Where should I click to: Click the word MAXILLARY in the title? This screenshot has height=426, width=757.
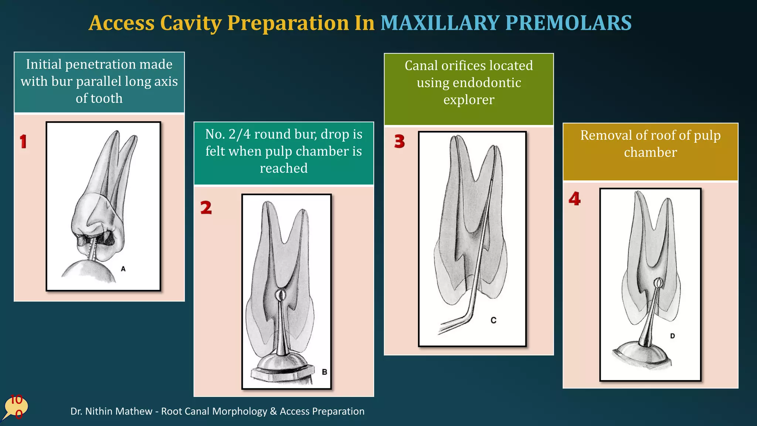pyautogui.click(x=440, y=23)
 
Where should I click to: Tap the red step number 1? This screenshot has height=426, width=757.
pyautogui.click(x=23, y=142)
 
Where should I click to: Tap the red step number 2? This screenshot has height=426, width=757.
pyautogui.click(x=206, y=207)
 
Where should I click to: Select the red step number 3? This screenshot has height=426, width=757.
pyautogui.click(x=400, y=141)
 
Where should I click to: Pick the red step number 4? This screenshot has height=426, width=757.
pyautogui.click(x=574, y=199)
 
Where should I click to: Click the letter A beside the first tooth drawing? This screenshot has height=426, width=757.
pyautogui.click(x=123, y=269)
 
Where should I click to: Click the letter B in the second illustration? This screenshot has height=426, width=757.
pyautogui.click(x=324, y=372)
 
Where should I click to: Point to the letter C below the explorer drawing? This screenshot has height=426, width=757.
pyautogui.click(x=493, y=320)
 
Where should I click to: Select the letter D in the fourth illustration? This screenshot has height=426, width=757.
pyautogui.click(x=672, y=336)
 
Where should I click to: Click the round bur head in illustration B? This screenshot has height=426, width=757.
pyautogui.click(x=281, y=295)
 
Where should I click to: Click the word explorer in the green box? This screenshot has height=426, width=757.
pyautogui.click(x=469, y=100)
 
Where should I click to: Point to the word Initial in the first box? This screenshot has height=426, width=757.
pyautogui.click(x=44, y=64)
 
